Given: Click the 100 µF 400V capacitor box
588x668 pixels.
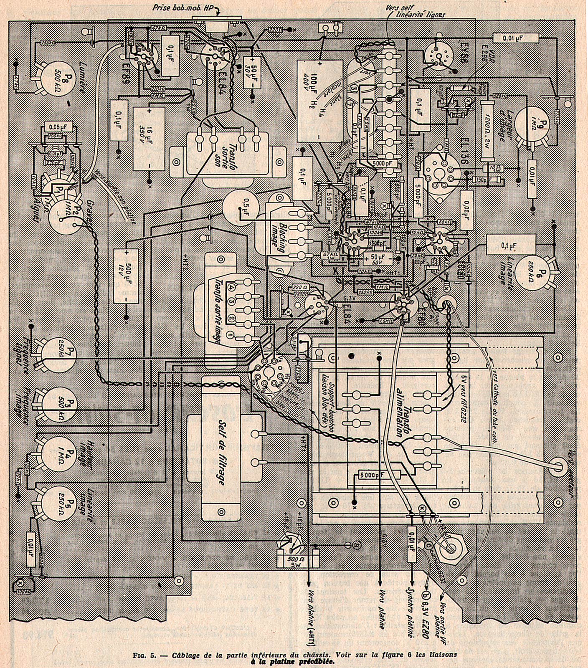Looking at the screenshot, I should point(320,101).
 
